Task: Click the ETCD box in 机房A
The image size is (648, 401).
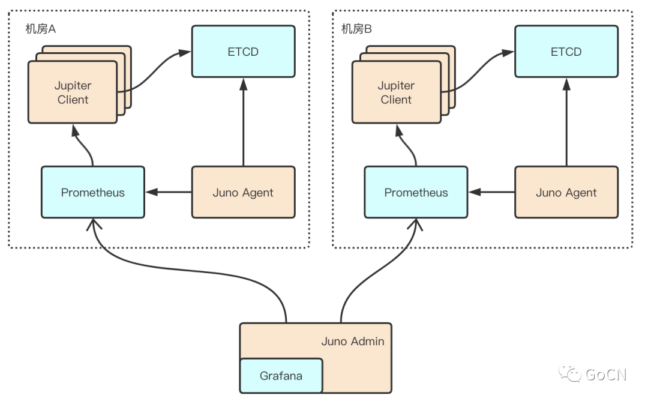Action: tap(243, 52)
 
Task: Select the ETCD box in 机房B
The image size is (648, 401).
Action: tap(566, 52)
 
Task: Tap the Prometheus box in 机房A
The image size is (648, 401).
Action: tap(93, 193)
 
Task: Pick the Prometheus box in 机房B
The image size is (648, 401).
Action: tap(416, 193)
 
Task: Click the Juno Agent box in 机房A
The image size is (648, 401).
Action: tap(243, 193)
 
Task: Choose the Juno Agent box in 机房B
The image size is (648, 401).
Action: tap(566, 193)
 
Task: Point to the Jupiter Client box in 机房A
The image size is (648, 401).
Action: tap(73, 92)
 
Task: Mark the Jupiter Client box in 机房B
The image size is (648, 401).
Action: tap(396, 92)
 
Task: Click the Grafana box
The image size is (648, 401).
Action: tap(281, 376)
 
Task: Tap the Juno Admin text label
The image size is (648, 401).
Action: tap(353, 341)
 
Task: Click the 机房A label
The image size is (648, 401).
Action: tap(40, 29)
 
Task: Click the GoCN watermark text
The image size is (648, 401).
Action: tap(606, 375)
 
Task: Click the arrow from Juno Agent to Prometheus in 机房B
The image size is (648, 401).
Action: tap(491, 193)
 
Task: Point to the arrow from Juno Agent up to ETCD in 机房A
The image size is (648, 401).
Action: tap(243, 123)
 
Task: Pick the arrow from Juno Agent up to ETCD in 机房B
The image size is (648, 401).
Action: tap(566, 123)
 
